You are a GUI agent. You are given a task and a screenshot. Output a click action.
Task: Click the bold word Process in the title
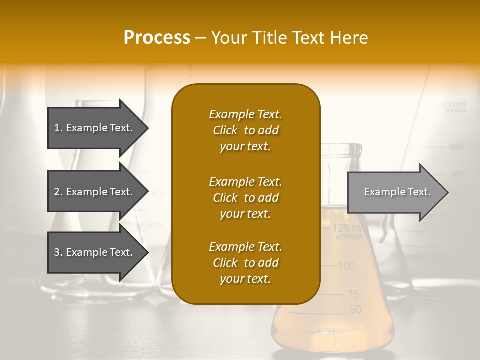point(157,38)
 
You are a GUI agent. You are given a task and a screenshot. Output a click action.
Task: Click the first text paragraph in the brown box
point(245,130)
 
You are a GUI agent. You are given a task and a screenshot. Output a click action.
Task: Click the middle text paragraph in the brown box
point(245,198)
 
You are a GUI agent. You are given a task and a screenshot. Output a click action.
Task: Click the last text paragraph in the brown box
point(245,263)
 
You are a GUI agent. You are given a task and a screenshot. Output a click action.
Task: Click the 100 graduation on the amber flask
point(346,266)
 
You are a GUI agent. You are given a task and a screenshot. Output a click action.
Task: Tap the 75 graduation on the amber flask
point(353,295)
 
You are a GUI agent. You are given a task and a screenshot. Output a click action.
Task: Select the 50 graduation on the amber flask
point(355,310)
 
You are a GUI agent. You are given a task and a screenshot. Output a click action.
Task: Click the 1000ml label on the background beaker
point(454,104)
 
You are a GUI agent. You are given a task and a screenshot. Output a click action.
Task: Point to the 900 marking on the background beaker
point(455,147)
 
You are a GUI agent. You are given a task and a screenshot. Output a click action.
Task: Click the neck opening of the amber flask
point(341,149)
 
